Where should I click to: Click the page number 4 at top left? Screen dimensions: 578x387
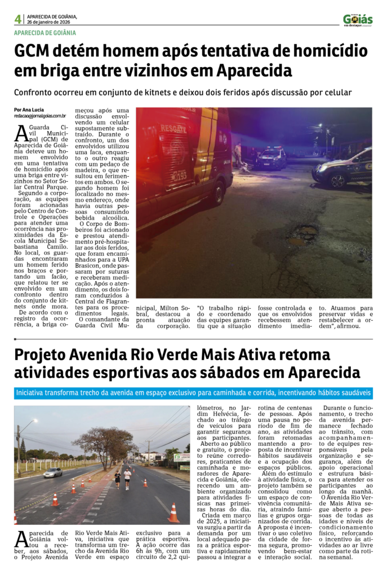[x=18, y=19]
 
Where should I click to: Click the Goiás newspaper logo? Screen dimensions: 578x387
[x=358, y=20]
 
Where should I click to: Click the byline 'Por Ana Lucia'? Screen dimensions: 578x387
[x=29, y=110]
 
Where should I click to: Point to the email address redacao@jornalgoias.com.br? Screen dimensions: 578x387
[x=40, y=116]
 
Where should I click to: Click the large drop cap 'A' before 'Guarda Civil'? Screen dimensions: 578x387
[x=21, y=133]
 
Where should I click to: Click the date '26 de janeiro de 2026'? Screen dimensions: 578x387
[x=52, y=22]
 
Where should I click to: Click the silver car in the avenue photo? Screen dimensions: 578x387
[x=52, y=472]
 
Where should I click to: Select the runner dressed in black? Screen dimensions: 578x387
[x=117, y=478]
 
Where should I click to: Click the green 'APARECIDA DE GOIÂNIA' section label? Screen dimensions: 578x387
[x=45, y=32]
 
